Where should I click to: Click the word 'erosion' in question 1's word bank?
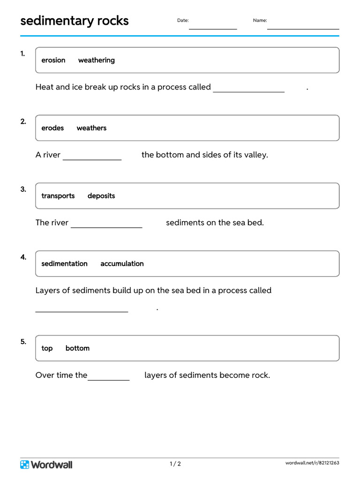[53, 60]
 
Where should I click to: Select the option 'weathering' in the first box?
[96, 60]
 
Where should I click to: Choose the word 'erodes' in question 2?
[52, 128]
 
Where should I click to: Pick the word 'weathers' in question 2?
[91, 128]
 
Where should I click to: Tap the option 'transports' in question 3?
[58, 196]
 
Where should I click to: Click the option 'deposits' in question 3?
[101, 196]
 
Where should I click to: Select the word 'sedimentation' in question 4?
[64, 263]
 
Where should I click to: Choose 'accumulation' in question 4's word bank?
[122, 263]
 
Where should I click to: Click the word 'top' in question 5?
[47, 348]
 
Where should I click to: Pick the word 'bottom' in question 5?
[77, 348]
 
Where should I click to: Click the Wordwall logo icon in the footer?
[25, 465]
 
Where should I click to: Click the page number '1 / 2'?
[175, 464]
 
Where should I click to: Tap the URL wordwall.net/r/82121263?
[312, 463]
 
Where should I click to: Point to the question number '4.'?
[23, 257]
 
